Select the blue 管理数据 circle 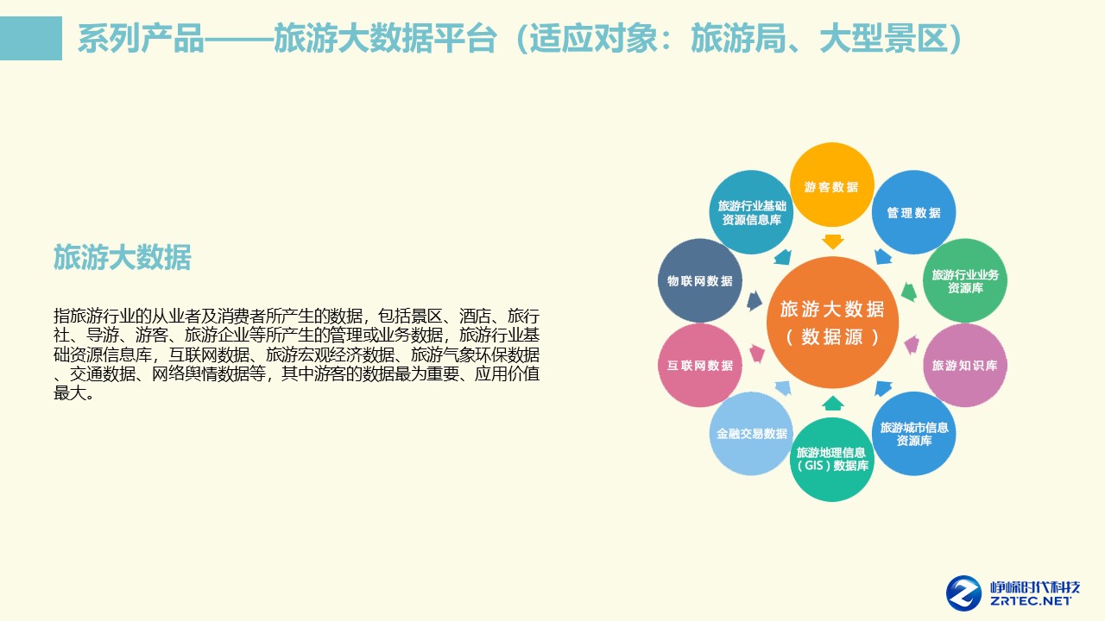913,212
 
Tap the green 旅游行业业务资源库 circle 964,281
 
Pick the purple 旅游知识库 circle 964,365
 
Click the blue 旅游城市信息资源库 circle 913,433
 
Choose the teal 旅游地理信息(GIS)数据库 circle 832,459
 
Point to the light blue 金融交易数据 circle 751,433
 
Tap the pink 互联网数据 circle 700,365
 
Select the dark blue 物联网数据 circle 700,281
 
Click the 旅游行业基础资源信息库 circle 751,212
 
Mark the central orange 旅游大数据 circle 832,323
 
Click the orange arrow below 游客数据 832,241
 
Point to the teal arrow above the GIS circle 832,403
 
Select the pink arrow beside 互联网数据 757,353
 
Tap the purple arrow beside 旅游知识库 911,346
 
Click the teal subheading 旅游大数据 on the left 122,257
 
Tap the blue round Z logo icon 963,593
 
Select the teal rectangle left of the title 31,38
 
